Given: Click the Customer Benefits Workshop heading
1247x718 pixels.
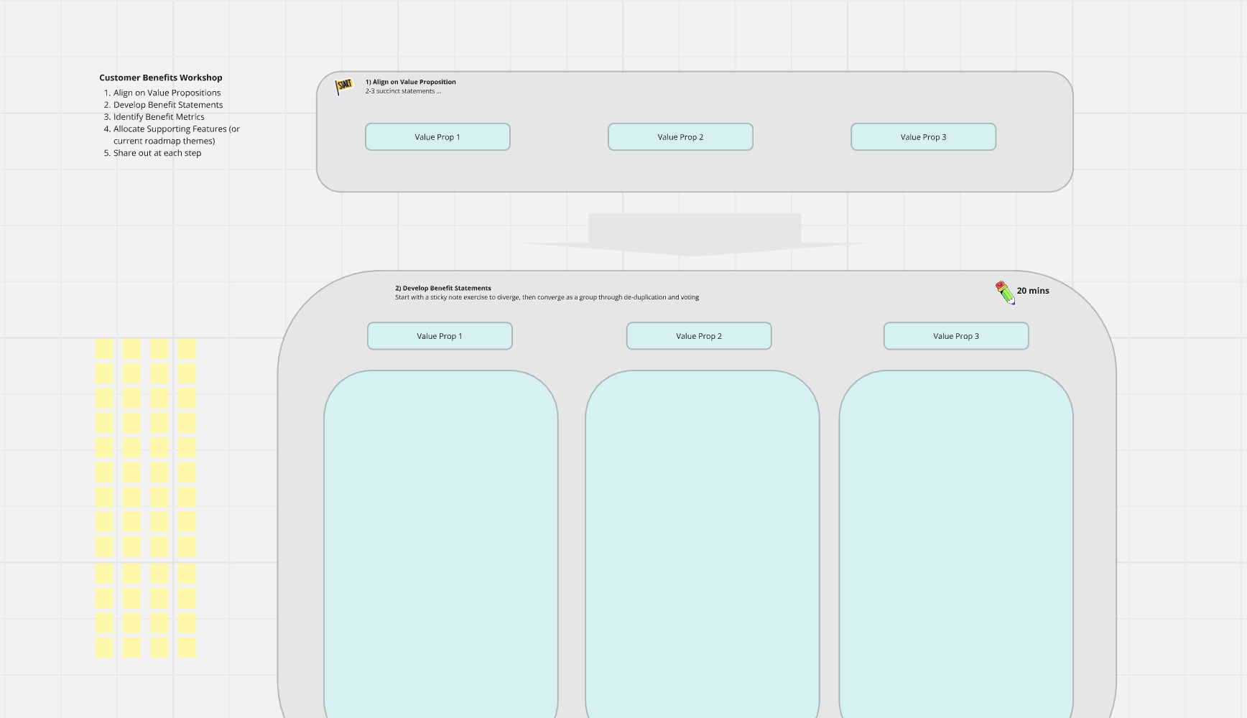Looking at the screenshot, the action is (x=161, y=78).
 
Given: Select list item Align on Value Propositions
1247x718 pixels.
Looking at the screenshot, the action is (x=167, y=93).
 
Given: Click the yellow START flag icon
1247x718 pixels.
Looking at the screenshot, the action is (x=344, y=86).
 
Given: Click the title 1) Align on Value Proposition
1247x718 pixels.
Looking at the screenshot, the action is (x=411, y=82).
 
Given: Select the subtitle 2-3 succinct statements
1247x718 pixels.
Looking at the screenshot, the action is (x=403, y=91).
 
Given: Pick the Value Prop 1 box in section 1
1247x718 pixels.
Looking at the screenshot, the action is (x=437, y=137).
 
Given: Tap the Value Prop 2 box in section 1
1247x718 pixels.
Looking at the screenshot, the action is (x=680, y=137).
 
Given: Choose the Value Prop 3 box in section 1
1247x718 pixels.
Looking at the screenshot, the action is (x=923, y=137).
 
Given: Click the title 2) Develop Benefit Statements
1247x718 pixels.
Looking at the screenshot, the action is (x=443, y=288).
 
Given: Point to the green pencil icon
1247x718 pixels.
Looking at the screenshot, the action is (x=1005, y=292).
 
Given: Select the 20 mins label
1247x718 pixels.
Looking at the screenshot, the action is (x=1033, y=291).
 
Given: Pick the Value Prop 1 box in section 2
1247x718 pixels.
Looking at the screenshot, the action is (x=440, y=336).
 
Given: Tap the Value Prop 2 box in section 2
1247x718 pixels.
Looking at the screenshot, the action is (x=699, y=336).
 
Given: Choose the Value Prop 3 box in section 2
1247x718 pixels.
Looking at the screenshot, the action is (x=956, y=336).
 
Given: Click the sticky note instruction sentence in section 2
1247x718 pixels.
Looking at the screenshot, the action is (x=547, y=297).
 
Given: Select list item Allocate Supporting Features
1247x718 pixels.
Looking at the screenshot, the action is (x=177, y=135).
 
